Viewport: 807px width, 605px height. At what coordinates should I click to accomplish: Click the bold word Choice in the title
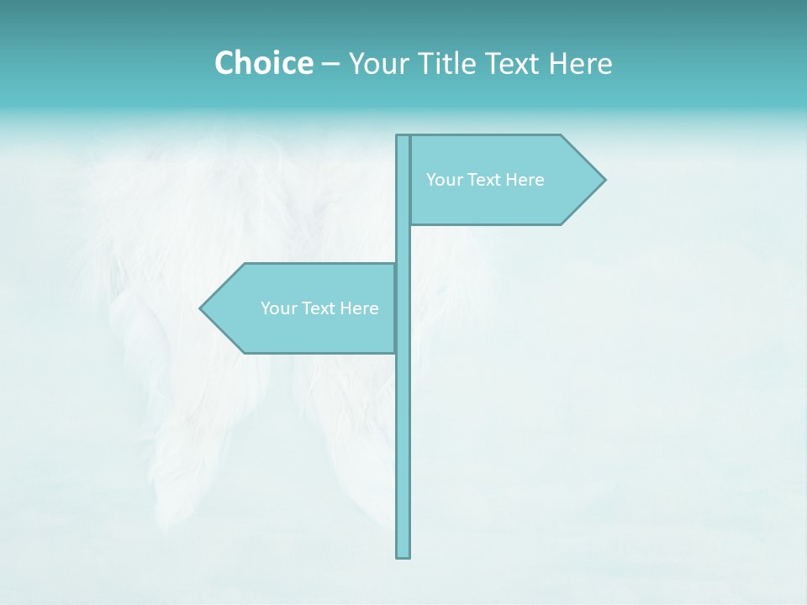[x=263, y=63]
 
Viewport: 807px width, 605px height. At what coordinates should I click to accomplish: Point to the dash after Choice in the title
[x=330, y=64]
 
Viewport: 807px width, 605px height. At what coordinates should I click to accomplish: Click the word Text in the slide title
[x=513, y=63]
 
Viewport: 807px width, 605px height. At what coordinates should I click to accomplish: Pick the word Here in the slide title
[x=581, y=63]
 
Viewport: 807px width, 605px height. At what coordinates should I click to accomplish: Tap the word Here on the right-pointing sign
[x=525, y=180]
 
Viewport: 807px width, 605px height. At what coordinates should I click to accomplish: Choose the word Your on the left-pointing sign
[x=278, y=308]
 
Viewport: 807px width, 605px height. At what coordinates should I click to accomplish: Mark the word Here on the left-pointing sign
[x=359, y=308]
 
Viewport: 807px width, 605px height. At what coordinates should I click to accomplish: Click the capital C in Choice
[x=225, y=63]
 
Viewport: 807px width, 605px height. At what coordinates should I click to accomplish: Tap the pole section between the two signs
[x=403, y=244]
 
